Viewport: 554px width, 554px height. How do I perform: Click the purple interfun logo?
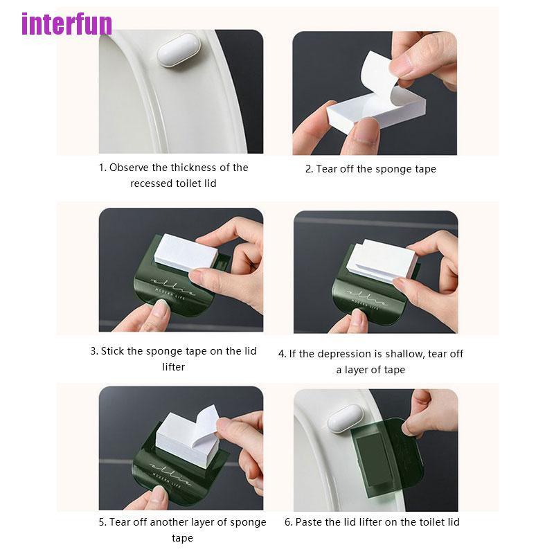click(x=66, y=24)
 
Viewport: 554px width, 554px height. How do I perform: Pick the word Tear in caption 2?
click(x=328, y=169)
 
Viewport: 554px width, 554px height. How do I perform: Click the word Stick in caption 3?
click(x=112, y=351)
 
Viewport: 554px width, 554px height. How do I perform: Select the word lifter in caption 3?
click(x=173, y=367)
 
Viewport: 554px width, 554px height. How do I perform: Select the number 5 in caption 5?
click(x=102, y=522)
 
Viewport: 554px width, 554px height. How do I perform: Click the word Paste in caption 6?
click(x=310, y=522)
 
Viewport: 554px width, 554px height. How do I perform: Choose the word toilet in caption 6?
click(x=425, y=522)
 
